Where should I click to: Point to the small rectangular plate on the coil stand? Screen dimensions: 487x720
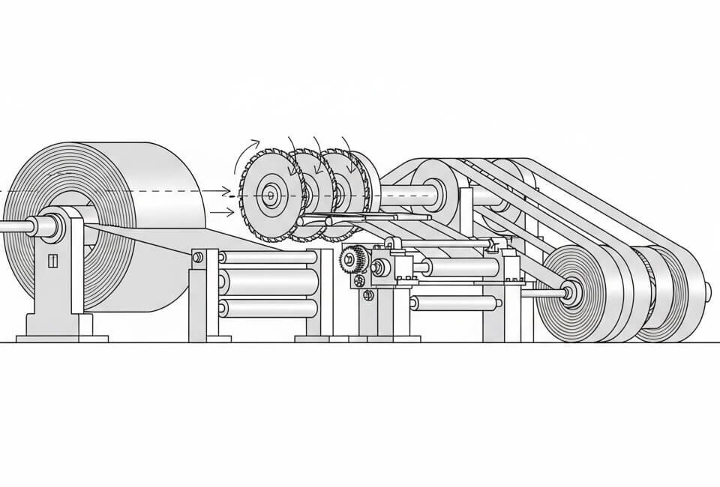(52, 261)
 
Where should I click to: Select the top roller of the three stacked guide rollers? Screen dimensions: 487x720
(266, 258)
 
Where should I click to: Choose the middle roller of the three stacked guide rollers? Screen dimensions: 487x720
(266, 282)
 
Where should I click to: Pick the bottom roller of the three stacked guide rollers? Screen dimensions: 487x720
(266, 306)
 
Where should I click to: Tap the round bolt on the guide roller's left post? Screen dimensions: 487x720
(198, 258)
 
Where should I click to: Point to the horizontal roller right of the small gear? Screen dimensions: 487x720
(461, 267)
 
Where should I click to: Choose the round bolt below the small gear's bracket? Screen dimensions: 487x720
(367, 296)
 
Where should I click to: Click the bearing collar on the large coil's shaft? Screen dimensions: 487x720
(54, 225)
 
